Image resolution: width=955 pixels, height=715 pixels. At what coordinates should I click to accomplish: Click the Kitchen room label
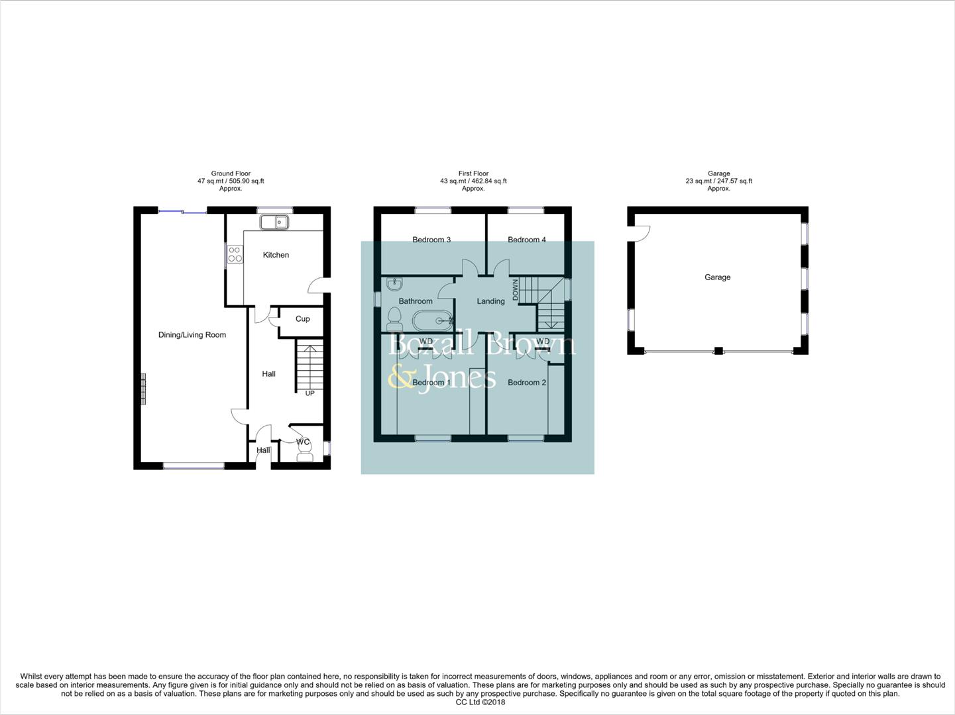[276, 255]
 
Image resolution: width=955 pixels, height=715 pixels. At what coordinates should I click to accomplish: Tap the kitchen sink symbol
[273, 222]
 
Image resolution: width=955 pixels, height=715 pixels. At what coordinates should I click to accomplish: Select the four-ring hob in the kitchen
[235, 254]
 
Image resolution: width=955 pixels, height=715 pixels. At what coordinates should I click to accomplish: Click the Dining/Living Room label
[192, 335]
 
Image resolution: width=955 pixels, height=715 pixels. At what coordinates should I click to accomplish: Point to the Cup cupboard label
[302, 319]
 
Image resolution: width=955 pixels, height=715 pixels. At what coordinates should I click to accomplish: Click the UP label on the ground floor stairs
[309, 393]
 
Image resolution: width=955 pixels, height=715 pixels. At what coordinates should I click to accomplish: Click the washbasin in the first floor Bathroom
[394, 285]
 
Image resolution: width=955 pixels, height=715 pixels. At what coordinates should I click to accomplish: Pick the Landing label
[490, 301]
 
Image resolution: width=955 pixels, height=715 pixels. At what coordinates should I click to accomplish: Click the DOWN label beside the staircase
[515, 289]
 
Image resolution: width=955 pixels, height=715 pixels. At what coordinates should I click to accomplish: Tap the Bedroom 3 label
[431, 240]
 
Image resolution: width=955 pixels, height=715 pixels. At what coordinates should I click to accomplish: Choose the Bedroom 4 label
[527, 240]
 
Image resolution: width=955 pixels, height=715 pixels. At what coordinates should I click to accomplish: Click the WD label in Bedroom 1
[426, 342]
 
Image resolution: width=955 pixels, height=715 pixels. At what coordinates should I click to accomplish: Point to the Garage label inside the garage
[717, 277]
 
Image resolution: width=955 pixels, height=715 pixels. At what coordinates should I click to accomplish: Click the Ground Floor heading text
[231, 173]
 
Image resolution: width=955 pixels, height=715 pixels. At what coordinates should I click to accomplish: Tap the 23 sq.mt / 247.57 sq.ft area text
[718, 181]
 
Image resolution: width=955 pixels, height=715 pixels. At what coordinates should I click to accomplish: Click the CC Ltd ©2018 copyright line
[480, 702]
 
